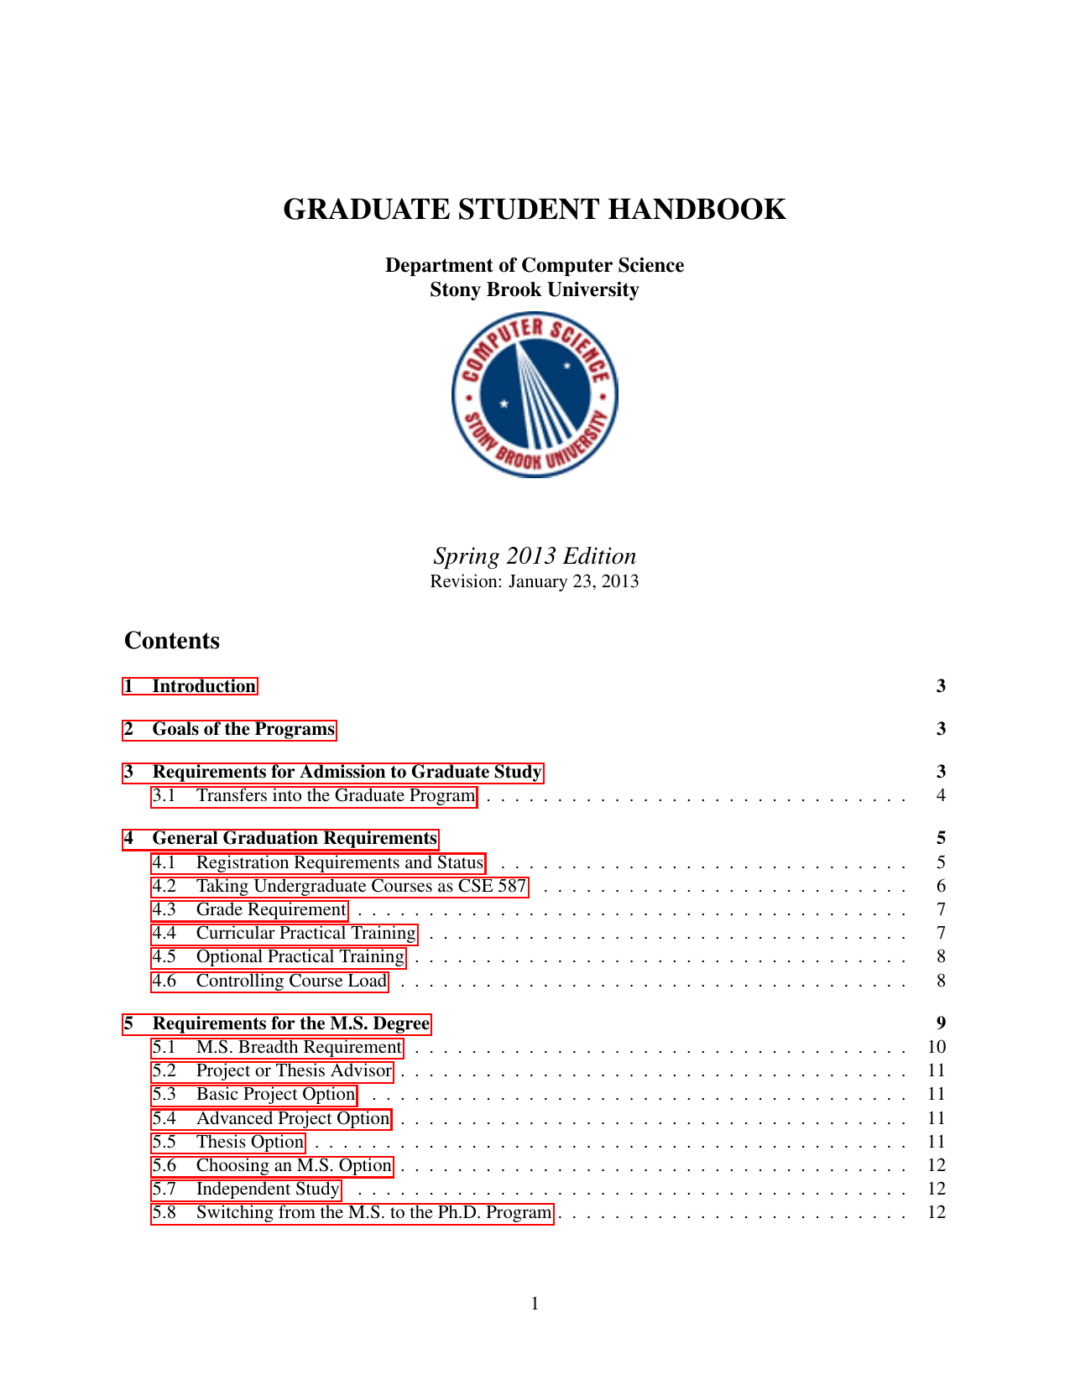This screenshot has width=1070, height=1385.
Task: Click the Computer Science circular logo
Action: coord(535,394)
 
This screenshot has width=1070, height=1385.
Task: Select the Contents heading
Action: coord(172,641)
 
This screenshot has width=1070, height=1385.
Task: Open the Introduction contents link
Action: coord(204,686)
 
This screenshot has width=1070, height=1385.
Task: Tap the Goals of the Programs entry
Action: coord(243,729)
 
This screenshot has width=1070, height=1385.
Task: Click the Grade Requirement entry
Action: coord(270,909)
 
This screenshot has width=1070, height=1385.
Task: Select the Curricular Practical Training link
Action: coord(305,933)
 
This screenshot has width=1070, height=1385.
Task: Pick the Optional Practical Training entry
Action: coord(300,956)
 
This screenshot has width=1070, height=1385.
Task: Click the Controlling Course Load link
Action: coord(291,981)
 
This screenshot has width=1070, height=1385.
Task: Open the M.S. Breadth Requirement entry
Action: coord(299,1047)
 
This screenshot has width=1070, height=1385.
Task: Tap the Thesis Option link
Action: coord(249,1142)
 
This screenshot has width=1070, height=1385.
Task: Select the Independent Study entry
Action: coord(267,1189)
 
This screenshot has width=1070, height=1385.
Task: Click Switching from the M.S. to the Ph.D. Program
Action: coord(373,1212)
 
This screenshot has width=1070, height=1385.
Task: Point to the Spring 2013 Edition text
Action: coord(535,556)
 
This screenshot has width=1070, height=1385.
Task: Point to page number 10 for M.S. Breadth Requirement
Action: coord(937,1047)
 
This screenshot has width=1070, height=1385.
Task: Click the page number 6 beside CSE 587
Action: coord(941,886)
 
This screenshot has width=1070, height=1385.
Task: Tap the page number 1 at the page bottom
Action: coord(535,1304)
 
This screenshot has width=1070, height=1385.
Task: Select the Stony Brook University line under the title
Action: coord(535,290)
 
